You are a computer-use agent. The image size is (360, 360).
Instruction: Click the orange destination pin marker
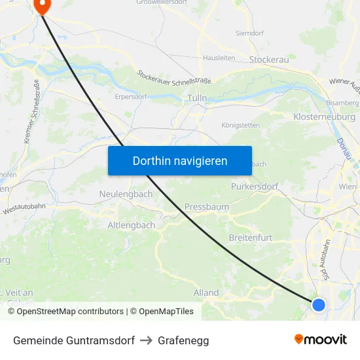(42, 6)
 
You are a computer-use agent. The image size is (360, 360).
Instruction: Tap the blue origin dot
(319, 304)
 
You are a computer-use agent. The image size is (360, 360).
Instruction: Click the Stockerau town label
(269, 60)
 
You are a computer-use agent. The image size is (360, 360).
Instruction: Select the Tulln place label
(196, 98)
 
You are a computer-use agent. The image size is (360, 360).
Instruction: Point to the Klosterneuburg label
(325, 117)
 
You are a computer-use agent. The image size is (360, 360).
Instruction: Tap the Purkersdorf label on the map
(255, 187)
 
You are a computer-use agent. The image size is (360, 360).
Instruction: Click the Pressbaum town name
(207, 207)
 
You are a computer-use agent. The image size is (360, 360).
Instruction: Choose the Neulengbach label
(126, 194)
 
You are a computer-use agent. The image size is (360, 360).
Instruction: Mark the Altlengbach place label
(132, 225)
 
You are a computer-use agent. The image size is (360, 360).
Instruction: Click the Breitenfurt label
(251, 238)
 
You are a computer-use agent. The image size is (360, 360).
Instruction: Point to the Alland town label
(206, 293)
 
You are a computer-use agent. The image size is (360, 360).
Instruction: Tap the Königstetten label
(241, 125)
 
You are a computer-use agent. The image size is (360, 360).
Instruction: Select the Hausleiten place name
(219, 58)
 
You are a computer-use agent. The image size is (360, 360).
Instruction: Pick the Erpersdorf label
(130, 96)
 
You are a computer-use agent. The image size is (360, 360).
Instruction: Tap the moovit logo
(321, 340)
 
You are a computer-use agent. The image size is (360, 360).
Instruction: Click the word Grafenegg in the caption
(183, 340)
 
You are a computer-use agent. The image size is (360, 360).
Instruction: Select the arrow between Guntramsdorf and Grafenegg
(146, 340)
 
